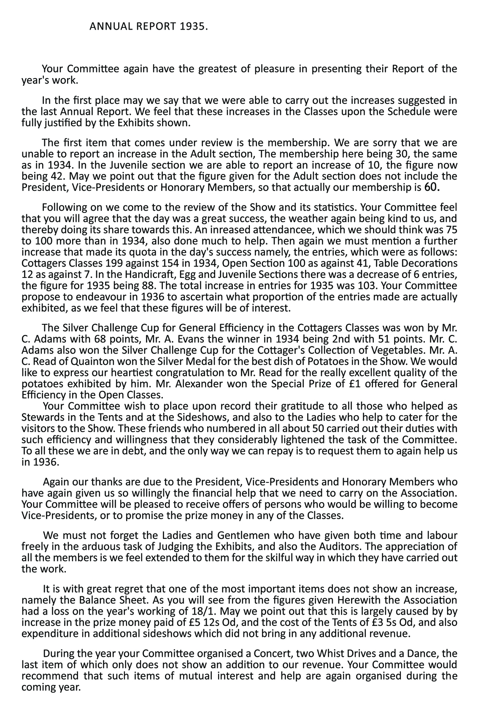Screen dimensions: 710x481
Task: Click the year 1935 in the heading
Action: [x=193, y=27]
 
